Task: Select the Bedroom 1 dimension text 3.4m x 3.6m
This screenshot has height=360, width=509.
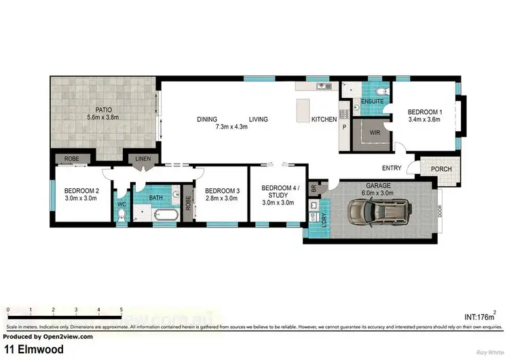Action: pyautogui.click(x=424, y=120)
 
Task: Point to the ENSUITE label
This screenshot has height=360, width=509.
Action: pyautogui.click(x=373, y=101)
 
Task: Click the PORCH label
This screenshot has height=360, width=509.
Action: pyautogui.click(x=432, y=169)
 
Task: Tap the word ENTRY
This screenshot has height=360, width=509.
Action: pyautogui.click(x=392, y=168)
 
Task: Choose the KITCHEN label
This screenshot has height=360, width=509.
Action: pyautogui.click(x=324, y=120)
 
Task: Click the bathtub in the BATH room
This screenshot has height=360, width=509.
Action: pyautogui.click(x=165, y=216)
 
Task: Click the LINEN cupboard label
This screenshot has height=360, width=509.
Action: pyautogui.click(x=144, y=159)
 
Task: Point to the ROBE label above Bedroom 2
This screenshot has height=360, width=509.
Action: pyautogui.click(x=71, y=159)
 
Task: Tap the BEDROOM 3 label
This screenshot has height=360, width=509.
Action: pyautogui.click(x=221, y=191)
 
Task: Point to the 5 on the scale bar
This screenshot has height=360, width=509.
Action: pyautogui.click(x=121, y=309)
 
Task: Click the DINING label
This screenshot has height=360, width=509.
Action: pyautogui.click(x=207, y=120)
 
